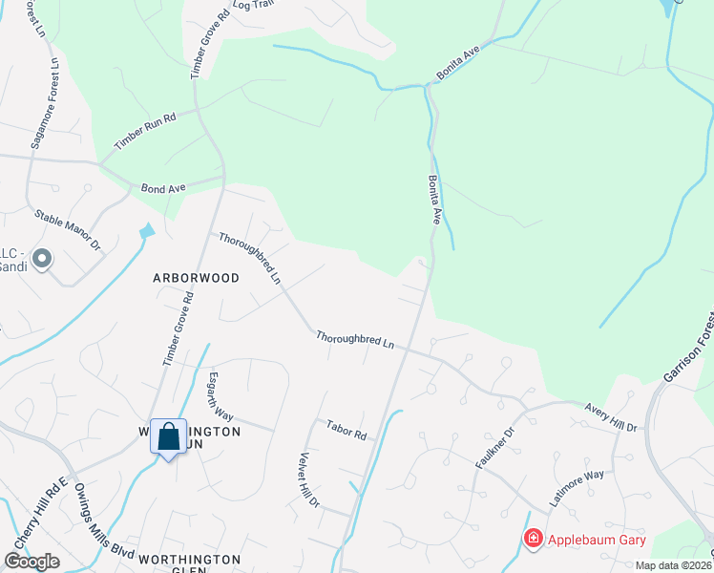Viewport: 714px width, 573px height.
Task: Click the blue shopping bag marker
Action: tap(169, 437)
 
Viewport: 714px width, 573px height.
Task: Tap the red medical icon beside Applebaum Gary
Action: tap(533, 540)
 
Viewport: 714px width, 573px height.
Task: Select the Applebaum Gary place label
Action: tap(596, 540)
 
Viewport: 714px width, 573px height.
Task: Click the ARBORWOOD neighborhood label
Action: tap(196, 277)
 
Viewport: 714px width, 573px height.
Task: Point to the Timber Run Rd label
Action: tap(145, 131)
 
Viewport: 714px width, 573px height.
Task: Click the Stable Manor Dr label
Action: tap(67, 231)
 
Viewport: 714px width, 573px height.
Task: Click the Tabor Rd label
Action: tap(346, 430)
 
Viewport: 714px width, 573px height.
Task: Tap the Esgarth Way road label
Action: tap(220, 396)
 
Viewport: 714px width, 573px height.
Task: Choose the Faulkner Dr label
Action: tap(494, 447)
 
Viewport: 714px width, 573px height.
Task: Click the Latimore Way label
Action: tap(576, 487)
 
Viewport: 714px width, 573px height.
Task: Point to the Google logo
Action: tap(31, 562)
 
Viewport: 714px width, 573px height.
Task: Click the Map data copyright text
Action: tap(673, 566)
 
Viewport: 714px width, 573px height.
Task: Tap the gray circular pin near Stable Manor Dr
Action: tap(42, 259)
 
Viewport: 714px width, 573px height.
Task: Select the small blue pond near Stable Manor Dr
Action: tap(146, 231)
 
